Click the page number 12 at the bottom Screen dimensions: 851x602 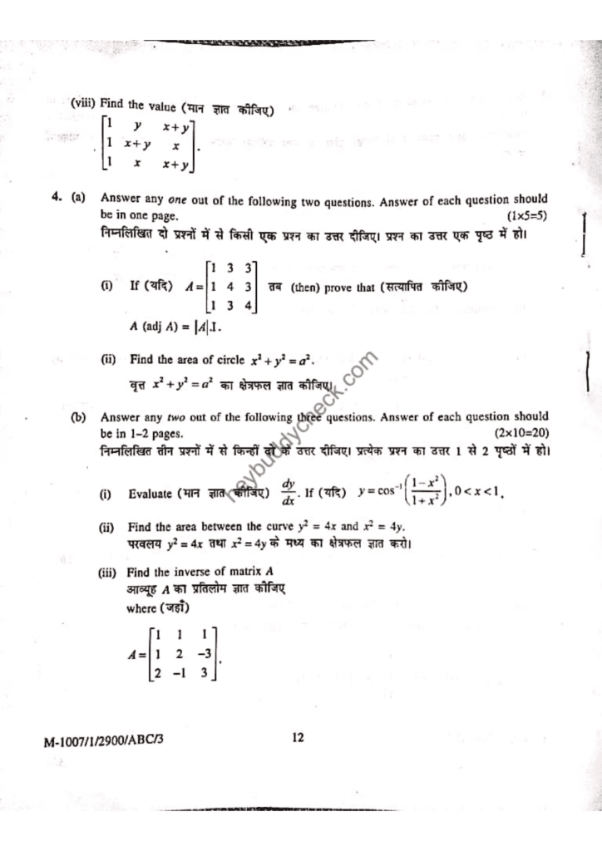[298, 735]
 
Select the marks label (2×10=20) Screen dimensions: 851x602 [521, 433]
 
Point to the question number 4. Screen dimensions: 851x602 [54, 199]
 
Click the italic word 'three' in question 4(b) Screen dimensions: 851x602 [311, 417]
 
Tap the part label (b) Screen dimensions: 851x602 [79, 417]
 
